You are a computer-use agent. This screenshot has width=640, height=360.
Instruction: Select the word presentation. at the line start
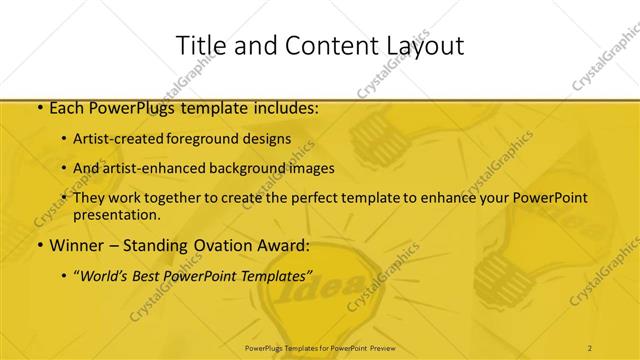(117, 214)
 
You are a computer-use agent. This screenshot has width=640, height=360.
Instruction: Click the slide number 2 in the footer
(590, 347)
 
